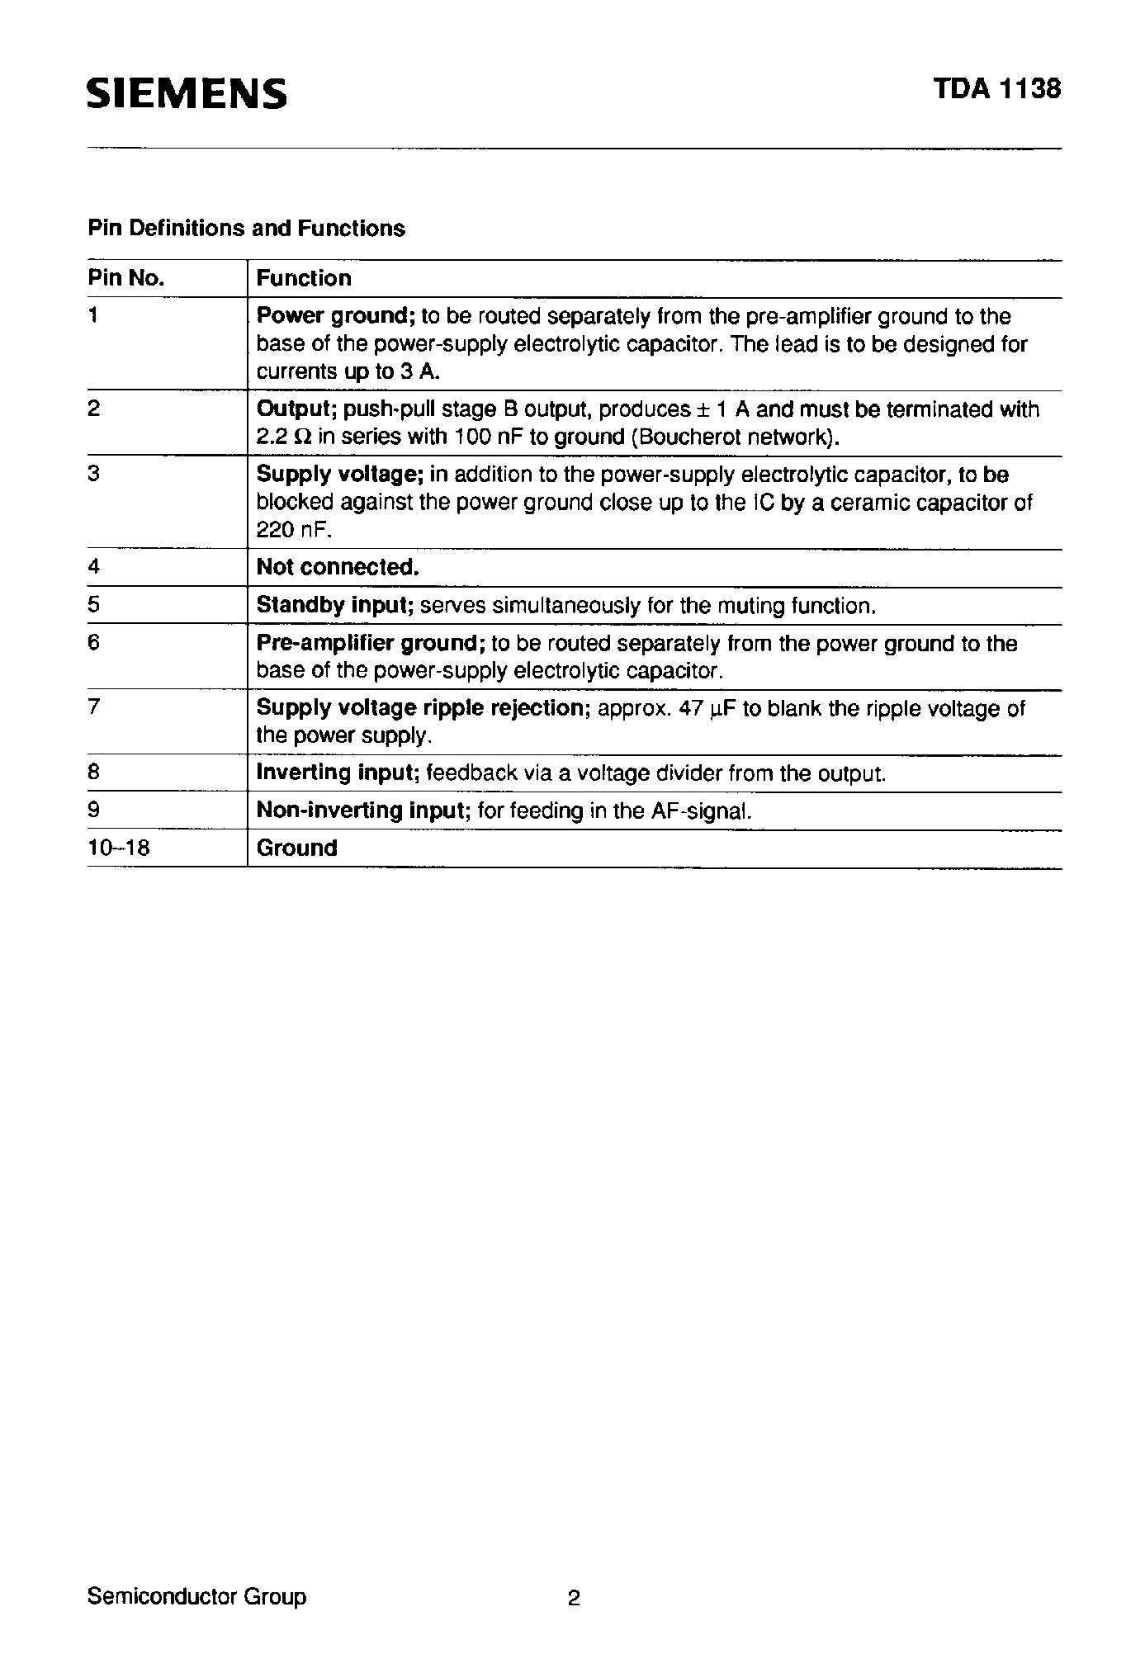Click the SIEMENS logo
[187, 94]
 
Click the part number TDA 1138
[996, 89]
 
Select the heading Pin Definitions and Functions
[246, 229]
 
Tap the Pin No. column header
[126, 278]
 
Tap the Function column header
[304, 278]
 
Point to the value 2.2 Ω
[284, 437]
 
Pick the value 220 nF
[293, 529]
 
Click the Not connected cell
[338, 567]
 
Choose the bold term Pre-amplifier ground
[370, 643]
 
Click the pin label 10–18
[119, 848]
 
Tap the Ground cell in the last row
[297, 848]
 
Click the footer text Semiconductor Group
[196, 1596]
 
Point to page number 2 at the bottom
[574, 1599]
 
